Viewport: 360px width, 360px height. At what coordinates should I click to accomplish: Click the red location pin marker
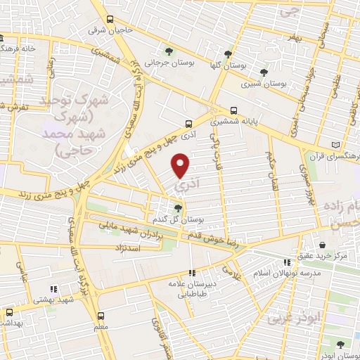coord(181,165)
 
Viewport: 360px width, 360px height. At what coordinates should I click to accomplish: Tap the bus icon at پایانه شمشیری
coord(234,110)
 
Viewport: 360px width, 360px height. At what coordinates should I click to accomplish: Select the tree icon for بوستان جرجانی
coord(168,51)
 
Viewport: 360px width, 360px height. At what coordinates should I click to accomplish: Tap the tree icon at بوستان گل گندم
coord(178,207)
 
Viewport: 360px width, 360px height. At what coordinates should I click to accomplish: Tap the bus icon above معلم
coord(101,316)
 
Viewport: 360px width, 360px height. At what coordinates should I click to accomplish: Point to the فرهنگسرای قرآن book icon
coord(335,145)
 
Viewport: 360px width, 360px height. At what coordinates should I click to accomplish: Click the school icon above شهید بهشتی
coord(53,288)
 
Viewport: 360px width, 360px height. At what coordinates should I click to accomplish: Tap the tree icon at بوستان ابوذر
coord(341,345)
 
